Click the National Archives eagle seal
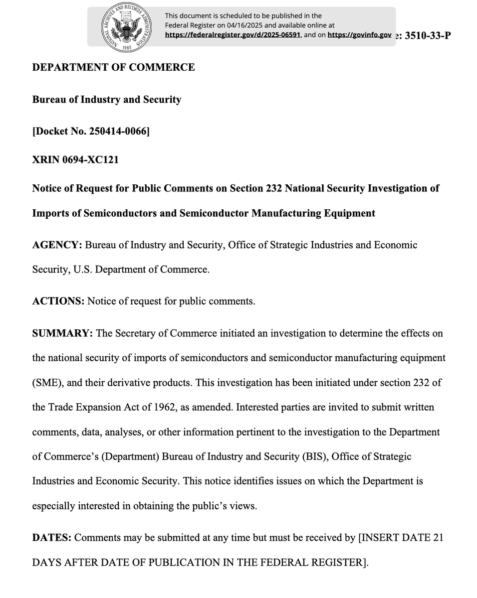(x=126, y=26)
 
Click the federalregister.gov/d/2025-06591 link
(x=233, y=35)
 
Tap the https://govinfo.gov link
(x=359, y=35)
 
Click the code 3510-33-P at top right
(x=428, y=35)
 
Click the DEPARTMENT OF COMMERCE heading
(x=113, y=67)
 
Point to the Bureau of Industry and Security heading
(x=107, y=100)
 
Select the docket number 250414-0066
(x=118, y=132)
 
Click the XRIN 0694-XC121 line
(x=75, y=160)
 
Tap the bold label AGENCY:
(x=57, y=245)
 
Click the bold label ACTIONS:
(x=58, y=301)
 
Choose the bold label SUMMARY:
(x=62, y=333)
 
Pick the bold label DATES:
(x=52, y=538)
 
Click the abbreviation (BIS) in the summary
(x=314, y=456)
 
